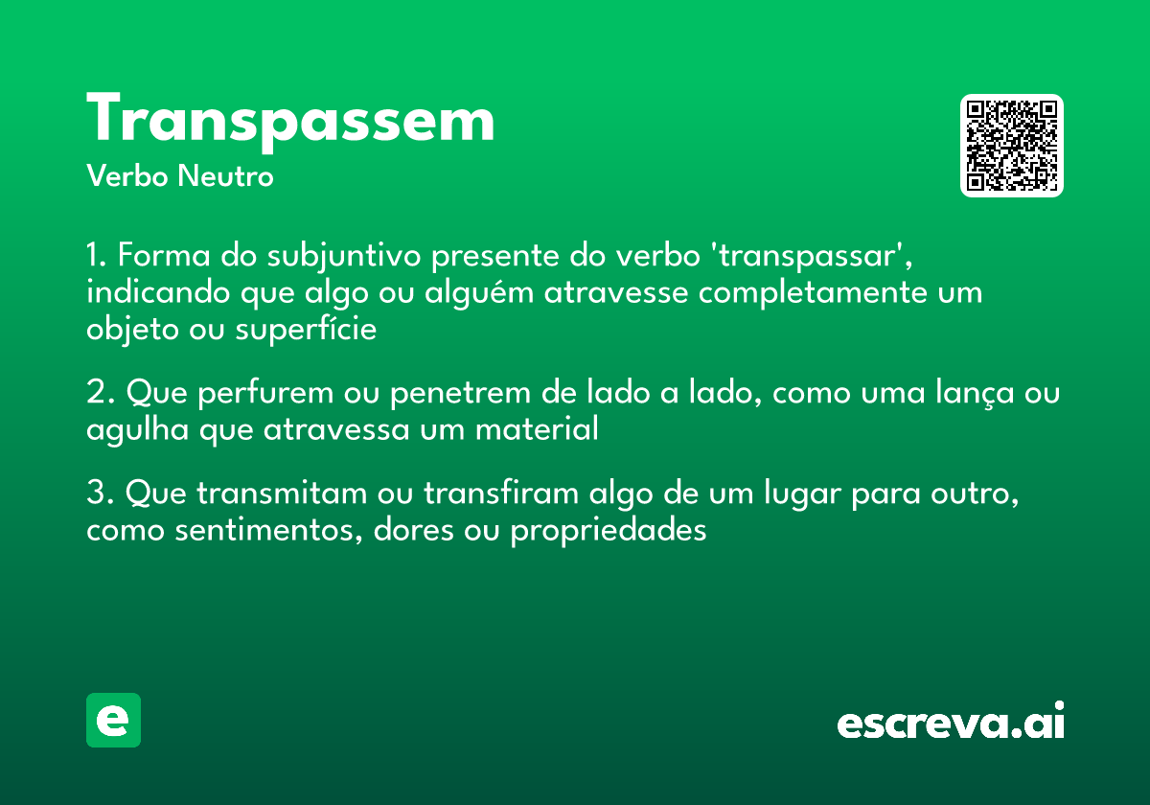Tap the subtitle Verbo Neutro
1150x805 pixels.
coord(180,176)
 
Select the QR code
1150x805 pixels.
coord(1012,146)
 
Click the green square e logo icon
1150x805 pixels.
coord(113,720)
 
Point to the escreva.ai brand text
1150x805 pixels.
coord(951,723)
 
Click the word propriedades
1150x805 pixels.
coord(609,531)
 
